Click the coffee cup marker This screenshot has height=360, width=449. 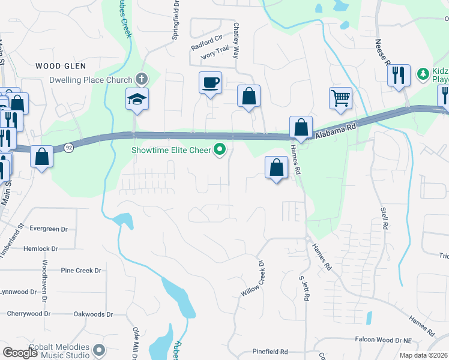click(210, 83)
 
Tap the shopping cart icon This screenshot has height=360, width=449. click(340, 98)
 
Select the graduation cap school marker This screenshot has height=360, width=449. click(137, 98)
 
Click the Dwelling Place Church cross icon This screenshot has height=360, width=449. click(141, 79)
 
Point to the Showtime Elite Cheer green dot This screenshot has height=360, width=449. click(221, 150)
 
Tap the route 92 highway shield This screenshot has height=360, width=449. click(70, 148)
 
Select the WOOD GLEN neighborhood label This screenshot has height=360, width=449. click(61, 66)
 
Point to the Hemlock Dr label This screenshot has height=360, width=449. click(41, 248)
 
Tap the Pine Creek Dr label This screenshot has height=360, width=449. click(81, 271)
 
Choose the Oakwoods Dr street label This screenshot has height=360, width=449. click(93, 314)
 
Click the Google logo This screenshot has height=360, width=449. click(20, 353)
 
